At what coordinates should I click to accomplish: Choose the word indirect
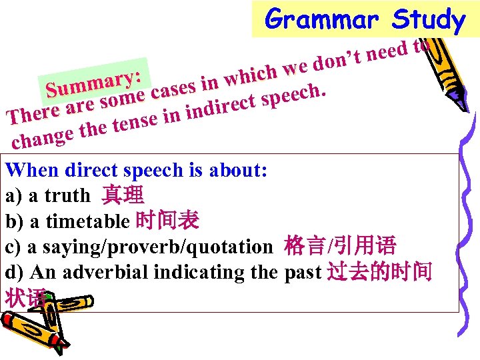[x=221, y=107]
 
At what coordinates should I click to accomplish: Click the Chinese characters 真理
[x=123, y=195]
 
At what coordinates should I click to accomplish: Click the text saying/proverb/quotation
[x=149, y=247]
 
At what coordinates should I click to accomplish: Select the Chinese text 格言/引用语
[x=340, y=247]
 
